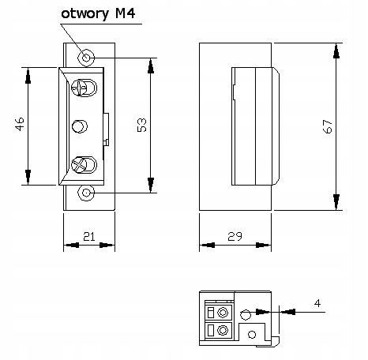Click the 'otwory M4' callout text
[x=98, y=13]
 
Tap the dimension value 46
[x=20, y=124]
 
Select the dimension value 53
[x=142, y=125]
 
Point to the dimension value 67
[x=328, y=126]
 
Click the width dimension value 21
[x=89, y=237]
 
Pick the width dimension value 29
[x=235, y=236]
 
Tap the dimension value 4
[x=317, y=303]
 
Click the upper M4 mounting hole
[x=86, y=58]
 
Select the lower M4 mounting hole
[x=86, y=193]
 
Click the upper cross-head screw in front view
[x=84, y=88]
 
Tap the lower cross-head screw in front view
[x=84, y=165]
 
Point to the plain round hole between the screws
[x=80, y=126]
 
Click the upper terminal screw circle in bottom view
[x=223, y=313]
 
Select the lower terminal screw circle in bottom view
[x=223, y=329]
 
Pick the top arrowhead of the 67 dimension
[x=336, y=51]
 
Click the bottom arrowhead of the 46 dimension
[x=28, y=177]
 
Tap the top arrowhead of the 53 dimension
[x=151, y=66]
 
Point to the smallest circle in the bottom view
[x=252, y=335]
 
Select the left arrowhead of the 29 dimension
[x=207, y=246]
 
